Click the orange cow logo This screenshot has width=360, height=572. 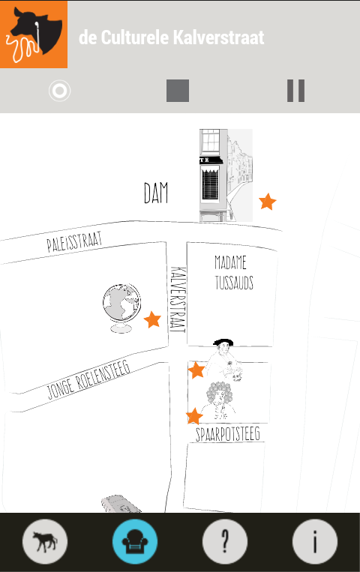(34, 34)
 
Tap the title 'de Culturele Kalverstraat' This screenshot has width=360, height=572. (171, 37)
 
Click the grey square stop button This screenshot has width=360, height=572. (178, 91)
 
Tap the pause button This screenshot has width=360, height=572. (295, 91)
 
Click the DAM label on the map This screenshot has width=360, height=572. (156, 193)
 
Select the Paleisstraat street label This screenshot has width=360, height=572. (74, 241)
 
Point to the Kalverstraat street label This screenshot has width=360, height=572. (178, 300)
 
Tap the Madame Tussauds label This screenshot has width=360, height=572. (234, 273)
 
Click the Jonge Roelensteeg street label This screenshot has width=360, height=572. (88, 380)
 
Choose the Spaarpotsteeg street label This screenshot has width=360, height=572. (228, 434)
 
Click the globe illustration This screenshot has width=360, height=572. (121, 308)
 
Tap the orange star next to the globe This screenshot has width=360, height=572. (152, 319)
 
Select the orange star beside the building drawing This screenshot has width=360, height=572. (268, 202)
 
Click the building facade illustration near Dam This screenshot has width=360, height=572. (226, 175)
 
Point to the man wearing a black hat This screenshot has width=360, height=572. (224, 359)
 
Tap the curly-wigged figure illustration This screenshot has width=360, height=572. (220, 401)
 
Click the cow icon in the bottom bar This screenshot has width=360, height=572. (45, 542)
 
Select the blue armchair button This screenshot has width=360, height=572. (135, 542)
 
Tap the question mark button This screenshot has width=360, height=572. (225, 542)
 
